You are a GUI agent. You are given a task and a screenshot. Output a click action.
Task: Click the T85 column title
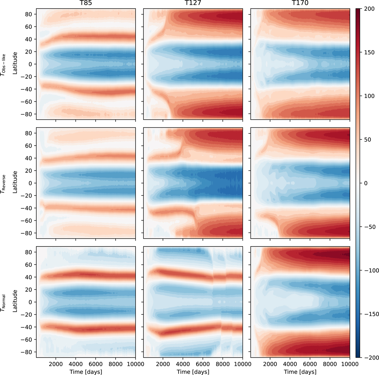86,4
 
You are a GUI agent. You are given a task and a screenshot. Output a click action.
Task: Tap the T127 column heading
193,4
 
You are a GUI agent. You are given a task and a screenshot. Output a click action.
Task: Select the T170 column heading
300,4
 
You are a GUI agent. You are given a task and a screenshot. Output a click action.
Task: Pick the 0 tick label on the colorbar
364,183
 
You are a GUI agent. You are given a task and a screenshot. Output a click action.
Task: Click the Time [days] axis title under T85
86,372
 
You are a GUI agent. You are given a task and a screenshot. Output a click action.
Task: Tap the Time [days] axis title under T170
300,372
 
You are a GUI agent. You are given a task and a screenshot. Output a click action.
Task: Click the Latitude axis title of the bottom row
15,302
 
